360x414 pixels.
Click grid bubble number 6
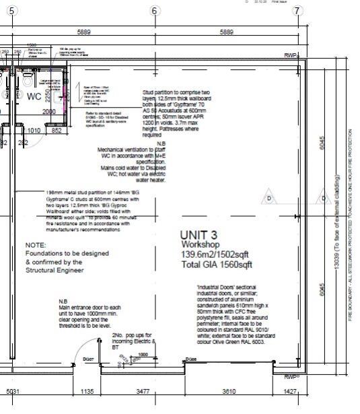click(x=154, y=11)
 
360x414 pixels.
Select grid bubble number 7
click(x=298, y=11)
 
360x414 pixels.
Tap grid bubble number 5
click(x=11, y=11)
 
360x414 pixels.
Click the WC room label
click(x=34, y=96)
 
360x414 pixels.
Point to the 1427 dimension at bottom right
click(x=289, y=390)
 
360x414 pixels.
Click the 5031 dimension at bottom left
click(x=13, y=390)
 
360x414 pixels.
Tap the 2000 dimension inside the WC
click(x=49, y=112)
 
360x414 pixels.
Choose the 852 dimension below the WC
click(x=57, y=131)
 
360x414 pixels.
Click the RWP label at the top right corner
click(x=291, y=55)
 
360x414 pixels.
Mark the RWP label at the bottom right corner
click(x=291, y=377)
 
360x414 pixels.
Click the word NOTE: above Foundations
click(x=36, y=245)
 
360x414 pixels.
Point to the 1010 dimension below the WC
click(x=34, y=131)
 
